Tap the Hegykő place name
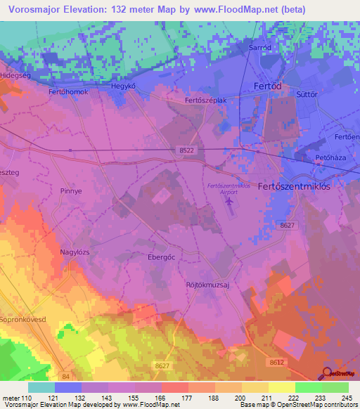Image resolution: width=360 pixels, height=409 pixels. click(x=123, y=86)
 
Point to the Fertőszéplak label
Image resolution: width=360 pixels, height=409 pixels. click(x=205, y=100)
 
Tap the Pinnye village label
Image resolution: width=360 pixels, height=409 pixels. click(x=72, y=190)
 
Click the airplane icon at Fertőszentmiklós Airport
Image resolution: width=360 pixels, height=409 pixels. click(x=230, y=202)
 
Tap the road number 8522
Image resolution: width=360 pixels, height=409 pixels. click(x=185, y=151)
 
